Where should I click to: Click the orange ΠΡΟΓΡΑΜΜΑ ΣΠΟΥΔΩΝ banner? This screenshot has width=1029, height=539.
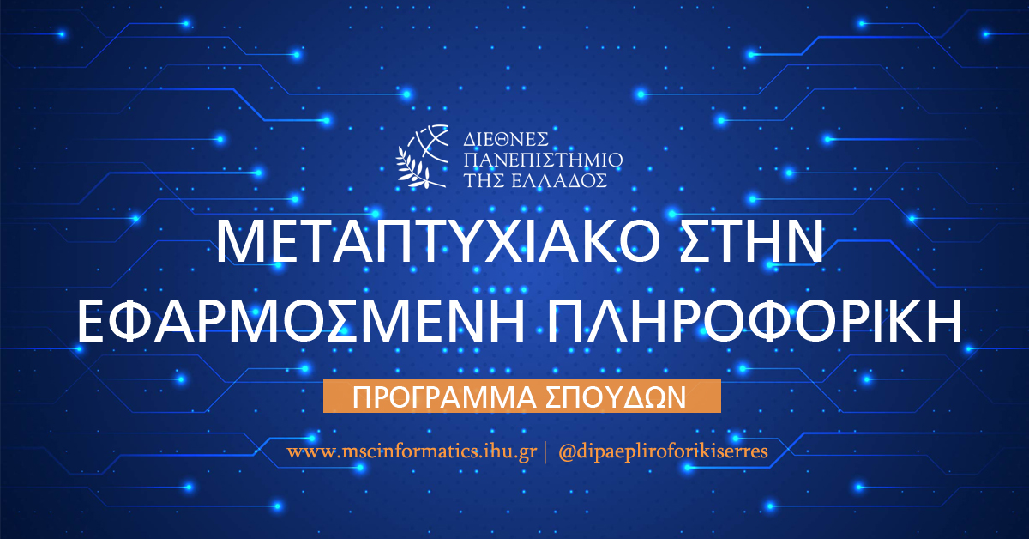521,396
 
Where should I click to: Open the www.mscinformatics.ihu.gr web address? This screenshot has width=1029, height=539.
412,451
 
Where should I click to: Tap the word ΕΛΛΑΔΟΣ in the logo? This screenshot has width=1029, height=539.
567,180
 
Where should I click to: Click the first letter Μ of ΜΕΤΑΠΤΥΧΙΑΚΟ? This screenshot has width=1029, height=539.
238,244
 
